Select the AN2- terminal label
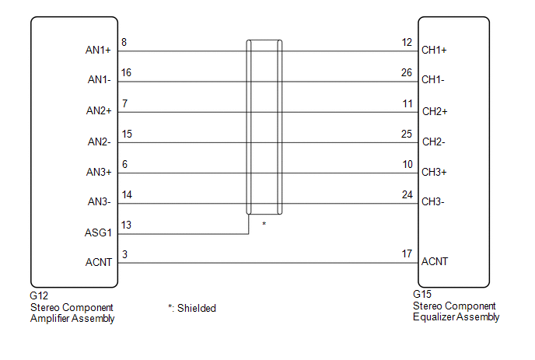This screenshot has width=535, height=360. click(98, 142)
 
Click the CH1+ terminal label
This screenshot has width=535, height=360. click(434, 51)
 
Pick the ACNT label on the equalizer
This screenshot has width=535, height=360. click(434, 262)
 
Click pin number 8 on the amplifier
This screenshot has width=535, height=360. click(125, 43)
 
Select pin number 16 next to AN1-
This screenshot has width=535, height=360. click(127, 72)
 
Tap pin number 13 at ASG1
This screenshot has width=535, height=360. click(127, 225)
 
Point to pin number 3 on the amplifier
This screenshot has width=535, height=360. click(125, 255)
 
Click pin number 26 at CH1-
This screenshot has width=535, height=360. click(407, 72)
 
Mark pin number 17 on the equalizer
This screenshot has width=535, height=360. click(407, 253)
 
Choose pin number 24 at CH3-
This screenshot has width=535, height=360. click(407, 194)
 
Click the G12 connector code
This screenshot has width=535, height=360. click(39, 296)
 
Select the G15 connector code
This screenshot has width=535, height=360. click(423, 295)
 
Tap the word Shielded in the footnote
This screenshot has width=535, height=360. click(197, 308)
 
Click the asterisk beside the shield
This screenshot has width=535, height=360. click(264, 224)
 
